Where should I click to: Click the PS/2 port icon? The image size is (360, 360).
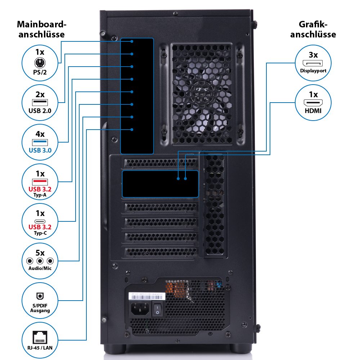point(40,63)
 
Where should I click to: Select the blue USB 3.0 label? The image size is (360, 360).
point(40,150)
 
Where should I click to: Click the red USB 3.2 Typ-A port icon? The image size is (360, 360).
point(40,181)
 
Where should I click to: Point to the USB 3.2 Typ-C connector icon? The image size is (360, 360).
point(40,221)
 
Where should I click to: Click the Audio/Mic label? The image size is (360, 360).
point(40,268)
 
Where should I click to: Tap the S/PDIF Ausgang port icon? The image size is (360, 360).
point(40,296)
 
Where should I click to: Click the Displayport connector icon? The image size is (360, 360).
point(313,64)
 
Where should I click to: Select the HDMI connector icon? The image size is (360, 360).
point(313,103)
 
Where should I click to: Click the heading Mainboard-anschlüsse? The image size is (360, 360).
point(42,30)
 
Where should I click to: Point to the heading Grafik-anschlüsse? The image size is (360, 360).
point(313,30)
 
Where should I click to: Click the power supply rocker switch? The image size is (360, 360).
point(158,309)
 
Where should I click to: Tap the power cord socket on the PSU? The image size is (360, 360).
point(140,309)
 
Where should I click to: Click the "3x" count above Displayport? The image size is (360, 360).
point(313,55)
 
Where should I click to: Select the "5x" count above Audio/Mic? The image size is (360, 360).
point(40,253)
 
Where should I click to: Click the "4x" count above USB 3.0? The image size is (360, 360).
point(40,134)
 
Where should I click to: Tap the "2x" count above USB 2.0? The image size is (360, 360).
point(40,95)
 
